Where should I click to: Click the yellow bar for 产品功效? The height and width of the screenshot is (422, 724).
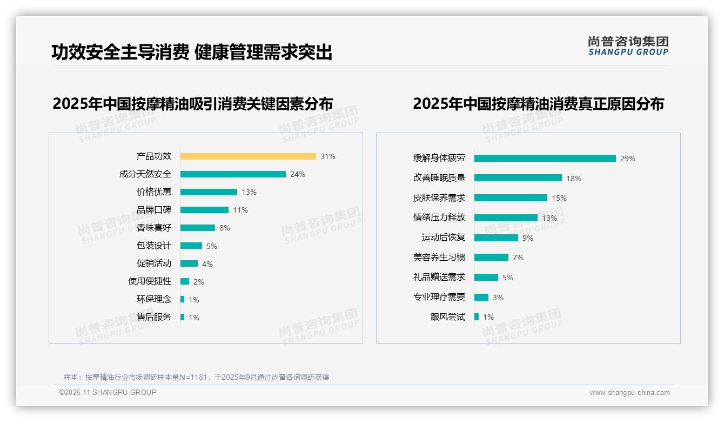[x=248, y=156]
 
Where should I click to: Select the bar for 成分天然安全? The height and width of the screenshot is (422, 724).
[x=233, y=174]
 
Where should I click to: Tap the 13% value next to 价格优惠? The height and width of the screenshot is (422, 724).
[x=249, y=192]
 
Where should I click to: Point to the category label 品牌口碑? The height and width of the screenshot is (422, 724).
[x=154, y=210]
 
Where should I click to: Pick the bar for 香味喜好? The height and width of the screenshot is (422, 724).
[x=198, y=228]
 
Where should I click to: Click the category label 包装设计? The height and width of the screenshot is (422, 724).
[x=154, y=246]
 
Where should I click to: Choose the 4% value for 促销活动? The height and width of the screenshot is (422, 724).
[x=207, y=264]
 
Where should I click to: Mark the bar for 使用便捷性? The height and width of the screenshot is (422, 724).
[x=185, y=281]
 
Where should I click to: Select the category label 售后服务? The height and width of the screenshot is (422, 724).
[x=154, y=317]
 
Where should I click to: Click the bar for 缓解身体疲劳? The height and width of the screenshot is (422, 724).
[x=545, y=159]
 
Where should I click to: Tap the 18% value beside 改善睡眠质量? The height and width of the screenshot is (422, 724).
[x=574, y=179]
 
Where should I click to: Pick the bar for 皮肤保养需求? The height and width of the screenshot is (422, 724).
[x=511, y=198]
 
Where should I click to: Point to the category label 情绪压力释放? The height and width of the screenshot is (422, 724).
[x=439, y=217]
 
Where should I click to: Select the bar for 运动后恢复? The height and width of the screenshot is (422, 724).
[x=496, y=238]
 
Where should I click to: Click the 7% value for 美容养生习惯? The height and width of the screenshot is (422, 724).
[x=518, y=258]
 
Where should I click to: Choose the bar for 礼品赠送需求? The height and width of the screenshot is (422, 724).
[x=486, y=277]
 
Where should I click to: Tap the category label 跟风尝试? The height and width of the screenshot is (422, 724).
[x=448, y=317]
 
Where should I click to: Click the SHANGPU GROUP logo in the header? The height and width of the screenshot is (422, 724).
[x=628, y=46]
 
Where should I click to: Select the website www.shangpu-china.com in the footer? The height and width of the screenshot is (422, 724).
[x=629, y=393]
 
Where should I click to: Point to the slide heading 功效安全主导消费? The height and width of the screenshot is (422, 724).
[x=120, y=52]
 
